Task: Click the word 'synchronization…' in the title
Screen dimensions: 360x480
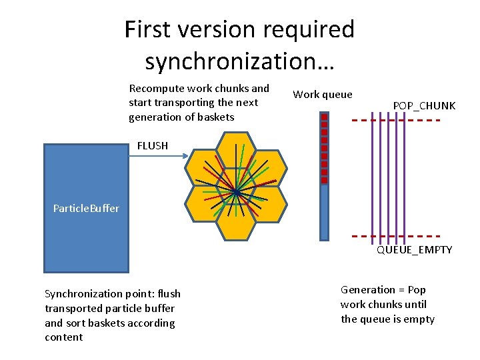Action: pyautogui.click(x=240, y=61)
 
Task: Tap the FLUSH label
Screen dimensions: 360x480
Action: pyautogui.click(x=153, y=145)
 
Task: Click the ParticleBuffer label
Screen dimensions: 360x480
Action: pyautogui.click(x=86, y=208)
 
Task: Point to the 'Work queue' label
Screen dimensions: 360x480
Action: pyautogui.click(x=323, y=94)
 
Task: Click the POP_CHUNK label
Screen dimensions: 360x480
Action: pyautogui.click(x=424, y=105)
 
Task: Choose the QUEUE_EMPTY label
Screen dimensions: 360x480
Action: pyautogui.click(x=414, y=249)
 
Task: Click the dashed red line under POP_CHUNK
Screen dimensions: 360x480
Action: pyautogui.click(x=396, y=120)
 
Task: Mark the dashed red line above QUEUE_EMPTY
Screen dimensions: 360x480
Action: pyautogui.click(x=396, y=236)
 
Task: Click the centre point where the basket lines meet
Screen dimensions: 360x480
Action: pyautogui.click(x=236, y=192)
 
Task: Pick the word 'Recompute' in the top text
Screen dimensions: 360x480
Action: pyautogui.click(x=157, y=88)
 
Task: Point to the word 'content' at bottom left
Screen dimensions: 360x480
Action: pyautogui.click(x=63, y=337)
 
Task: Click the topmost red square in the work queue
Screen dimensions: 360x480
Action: pyautogui.click(x=324, y=117)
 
